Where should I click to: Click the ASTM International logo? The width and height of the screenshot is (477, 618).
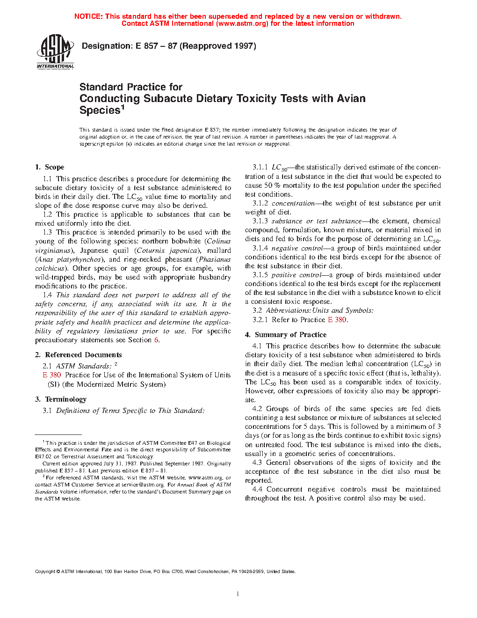55,52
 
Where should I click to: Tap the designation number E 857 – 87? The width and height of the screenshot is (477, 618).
156,46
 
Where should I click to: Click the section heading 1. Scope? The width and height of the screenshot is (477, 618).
50,167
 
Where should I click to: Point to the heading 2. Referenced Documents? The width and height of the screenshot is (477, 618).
78,355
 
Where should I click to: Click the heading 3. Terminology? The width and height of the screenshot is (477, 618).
61,399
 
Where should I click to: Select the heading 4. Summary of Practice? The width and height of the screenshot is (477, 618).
286,335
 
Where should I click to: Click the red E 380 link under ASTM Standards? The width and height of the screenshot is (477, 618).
52,375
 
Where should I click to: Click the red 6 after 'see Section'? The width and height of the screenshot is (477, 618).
157,340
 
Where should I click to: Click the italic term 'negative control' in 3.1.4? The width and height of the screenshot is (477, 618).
297,248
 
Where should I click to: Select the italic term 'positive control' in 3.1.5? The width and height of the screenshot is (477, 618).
296,275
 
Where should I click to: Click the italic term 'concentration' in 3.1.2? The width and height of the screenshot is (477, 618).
293,203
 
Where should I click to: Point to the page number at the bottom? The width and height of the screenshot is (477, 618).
238,594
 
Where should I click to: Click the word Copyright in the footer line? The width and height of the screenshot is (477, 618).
45,572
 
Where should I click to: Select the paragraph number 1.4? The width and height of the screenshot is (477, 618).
47,295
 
